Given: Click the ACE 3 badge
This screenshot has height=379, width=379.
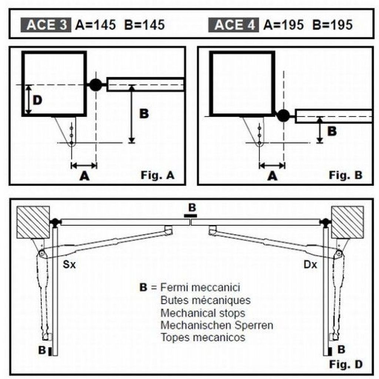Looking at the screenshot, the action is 46,25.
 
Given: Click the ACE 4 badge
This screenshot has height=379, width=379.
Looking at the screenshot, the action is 234,25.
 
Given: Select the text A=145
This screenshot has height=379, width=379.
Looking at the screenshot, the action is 96,25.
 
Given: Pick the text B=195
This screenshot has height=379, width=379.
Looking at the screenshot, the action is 332,25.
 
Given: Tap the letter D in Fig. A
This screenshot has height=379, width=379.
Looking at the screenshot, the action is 37,100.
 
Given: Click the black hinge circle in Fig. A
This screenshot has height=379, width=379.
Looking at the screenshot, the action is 96,85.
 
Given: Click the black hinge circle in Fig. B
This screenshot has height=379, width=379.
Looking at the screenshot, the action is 283,115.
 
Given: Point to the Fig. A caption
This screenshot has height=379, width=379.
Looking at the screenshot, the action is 158,175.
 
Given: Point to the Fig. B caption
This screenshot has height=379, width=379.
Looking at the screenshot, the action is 346,175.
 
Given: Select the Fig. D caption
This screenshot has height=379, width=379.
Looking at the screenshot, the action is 346,364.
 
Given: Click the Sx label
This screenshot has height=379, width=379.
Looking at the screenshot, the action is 69,264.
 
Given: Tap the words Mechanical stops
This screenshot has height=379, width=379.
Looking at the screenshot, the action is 203,313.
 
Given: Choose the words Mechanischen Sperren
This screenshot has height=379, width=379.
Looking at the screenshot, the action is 217,325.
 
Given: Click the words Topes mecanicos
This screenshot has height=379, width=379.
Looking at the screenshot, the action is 203,338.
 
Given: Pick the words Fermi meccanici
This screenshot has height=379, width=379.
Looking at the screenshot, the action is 200,288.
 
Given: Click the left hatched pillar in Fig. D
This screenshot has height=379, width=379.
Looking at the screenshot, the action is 33,222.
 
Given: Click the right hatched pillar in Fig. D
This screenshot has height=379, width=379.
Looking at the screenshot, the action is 348,222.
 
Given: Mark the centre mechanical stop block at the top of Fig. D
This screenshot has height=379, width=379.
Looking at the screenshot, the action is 190,216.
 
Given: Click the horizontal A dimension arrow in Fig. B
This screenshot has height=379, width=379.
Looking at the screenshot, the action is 272,166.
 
